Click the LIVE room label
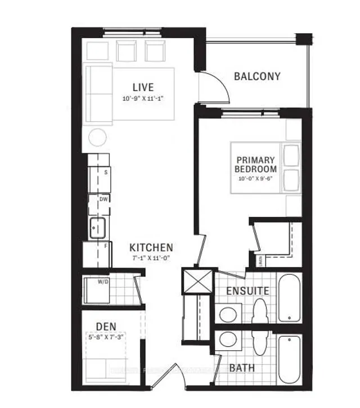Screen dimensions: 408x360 pyautogui.click(x=143, y=87)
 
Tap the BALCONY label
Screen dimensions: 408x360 pyautogui.click(x=256, y=76)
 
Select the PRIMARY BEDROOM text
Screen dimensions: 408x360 pyautogui.click(x=256, y=164)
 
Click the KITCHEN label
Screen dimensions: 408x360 pyautogui.click(x=151, y=247)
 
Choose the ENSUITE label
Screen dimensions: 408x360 pyautogui.click(x=247, y=291)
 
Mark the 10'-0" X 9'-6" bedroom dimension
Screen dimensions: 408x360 pyautogui.click(x=256, y=179)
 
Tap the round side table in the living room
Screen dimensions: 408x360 pyautogui.click(x=98, y=137)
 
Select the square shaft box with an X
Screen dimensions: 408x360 pyautogui.click(x=197, y=281)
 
